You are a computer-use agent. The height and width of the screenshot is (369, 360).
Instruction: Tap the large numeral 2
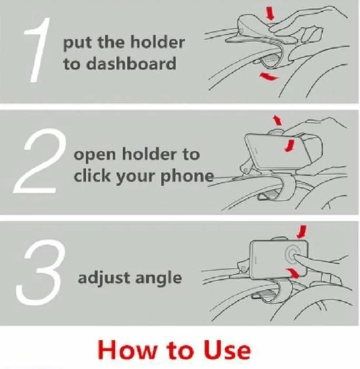[37, 163]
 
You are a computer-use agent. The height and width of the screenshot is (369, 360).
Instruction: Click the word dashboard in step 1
[132, 64]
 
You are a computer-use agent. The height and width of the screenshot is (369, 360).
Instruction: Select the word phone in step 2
[187, 176]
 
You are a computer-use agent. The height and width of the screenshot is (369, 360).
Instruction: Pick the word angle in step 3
[158, 279]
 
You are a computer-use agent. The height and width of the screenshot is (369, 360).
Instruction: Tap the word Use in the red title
[226, 350]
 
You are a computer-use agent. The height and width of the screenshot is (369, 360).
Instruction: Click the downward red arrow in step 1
[270, 13]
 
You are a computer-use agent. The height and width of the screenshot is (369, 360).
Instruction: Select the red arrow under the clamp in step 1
[268, 76]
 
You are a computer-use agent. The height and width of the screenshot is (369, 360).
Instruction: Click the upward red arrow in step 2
[277, 120]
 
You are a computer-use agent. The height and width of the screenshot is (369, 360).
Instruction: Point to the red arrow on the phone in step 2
[289, 146]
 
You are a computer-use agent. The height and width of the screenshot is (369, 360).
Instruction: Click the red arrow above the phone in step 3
[302, 232]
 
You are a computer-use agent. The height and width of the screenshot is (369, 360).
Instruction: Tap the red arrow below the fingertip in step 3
[293, 273]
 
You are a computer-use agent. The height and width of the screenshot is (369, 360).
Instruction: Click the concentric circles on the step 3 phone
[293, 254]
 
